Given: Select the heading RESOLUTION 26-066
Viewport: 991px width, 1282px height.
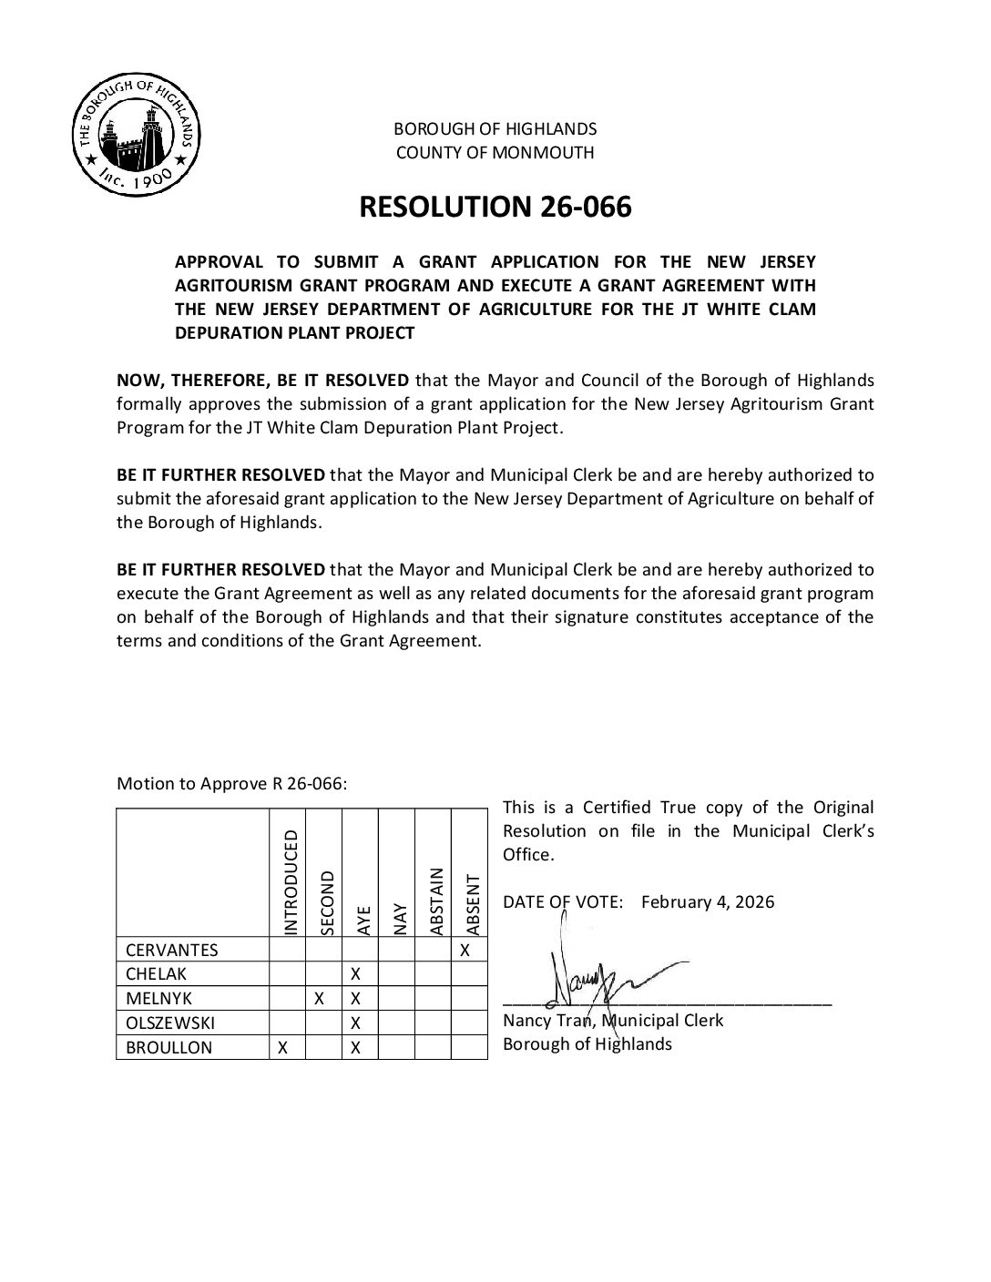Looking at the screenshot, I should [x=495, y=208].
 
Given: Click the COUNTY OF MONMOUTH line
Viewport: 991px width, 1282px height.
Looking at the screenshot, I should [x=495, y=153].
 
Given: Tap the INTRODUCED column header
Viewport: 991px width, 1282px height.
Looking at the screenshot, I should [x=290, y=881].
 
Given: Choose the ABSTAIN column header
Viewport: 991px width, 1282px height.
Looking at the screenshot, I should [x=434, y=900].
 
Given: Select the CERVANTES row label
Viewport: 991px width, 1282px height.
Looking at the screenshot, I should [x=172, y=950].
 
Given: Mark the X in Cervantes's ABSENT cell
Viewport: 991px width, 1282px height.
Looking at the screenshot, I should [x=465, y=950].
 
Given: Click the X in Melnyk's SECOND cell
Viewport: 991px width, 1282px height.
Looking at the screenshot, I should [x=319, y=999].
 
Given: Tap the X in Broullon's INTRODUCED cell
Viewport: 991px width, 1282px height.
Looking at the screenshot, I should [x=282, y=1047].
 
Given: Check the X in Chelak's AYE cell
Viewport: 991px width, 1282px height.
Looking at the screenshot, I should [x=356, y=974].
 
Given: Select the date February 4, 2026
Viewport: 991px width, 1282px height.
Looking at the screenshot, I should [x=708, y=901].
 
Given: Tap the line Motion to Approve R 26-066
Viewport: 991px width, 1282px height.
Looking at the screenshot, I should [x=231, y=784].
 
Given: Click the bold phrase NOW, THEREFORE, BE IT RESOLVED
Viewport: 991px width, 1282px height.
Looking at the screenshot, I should [x=265, y=380].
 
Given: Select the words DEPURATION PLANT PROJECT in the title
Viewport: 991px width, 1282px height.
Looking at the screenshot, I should [x=294, y=333].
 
